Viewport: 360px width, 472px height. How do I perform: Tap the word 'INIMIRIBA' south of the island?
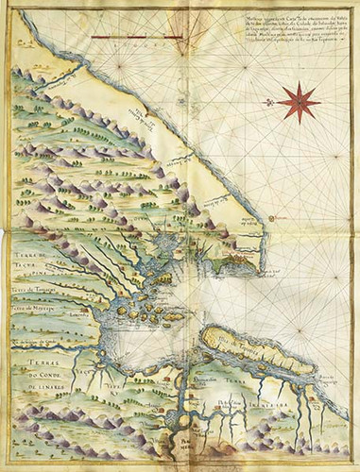[270, 385]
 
